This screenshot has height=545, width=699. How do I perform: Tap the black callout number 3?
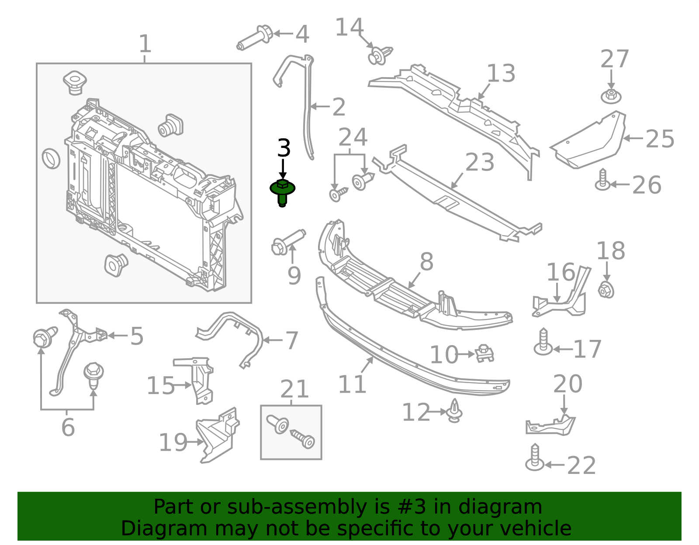click(284, 148)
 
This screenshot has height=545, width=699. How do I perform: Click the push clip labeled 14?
click(380, 55)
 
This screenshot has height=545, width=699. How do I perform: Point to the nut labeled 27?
click(611, 96)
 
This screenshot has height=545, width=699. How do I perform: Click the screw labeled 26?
click(603, 180)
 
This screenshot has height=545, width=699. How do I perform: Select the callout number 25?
click(660, 139)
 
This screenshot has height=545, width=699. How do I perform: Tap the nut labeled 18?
click(606, 290)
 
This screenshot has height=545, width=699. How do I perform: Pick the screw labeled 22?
click(535, 458)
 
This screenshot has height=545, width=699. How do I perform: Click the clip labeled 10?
click(484, 353)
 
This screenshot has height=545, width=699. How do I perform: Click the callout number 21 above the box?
click(294, 389)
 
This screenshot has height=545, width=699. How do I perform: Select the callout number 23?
click(480, 162)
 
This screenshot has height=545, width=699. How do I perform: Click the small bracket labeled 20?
click(550, 426)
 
